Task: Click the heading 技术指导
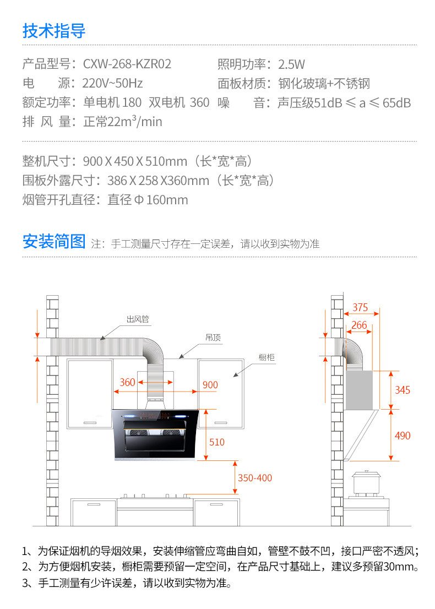(x=54, y=30)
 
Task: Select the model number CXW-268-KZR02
(x=127, y=64)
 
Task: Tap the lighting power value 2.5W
(x=292, y=64)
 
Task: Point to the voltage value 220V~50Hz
(x=112, y=84)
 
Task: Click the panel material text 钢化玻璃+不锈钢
(x=324, y=84)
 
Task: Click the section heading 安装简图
(x=54, y=241)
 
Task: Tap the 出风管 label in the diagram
(x=138, y=319)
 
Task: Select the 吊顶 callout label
(x=213, y=338)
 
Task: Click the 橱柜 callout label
(x=267, y=357)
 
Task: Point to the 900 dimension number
(x=210, y=385)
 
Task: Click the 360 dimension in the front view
(x=127, y=383)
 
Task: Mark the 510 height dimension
(x=217, y=442)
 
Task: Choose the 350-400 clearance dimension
(x=255, y=478)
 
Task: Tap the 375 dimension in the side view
(x=361, y=307)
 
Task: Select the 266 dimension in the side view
(x=359, y=325)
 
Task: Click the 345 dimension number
(x=403, y=390)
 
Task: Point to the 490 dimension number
(x=403, y=436)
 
